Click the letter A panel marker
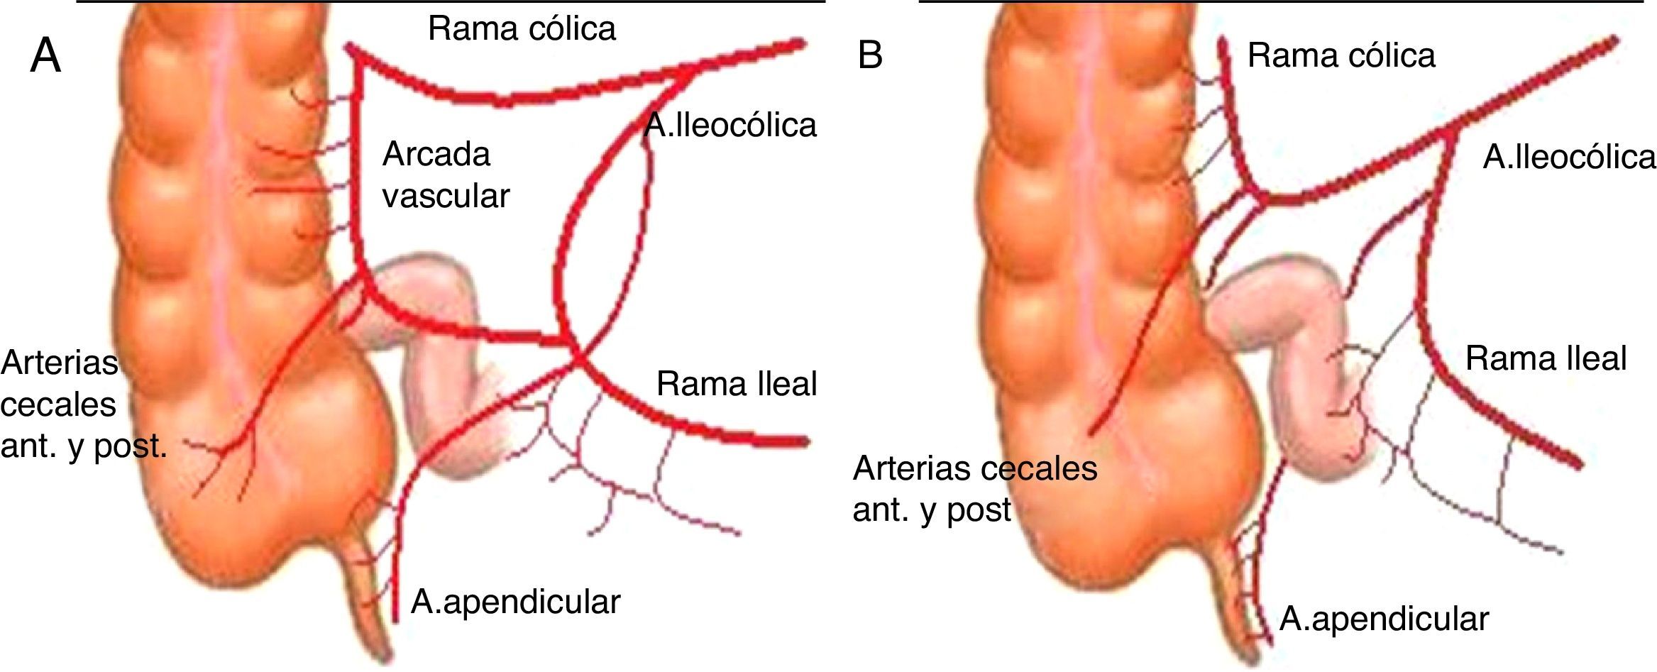tap(45, 56)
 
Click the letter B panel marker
tap(870, 55)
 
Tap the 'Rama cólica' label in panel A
tap(522, 29)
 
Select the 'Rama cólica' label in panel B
tap(1341, 55)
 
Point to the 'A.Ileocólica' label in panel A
tap(730, 126)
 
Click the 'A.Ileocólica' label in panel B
tap(1569, 157)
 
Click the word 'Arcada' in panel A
tap(436, 154)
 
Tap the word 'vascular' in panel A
tap(446, 195)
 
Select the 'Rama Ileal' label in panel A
tap(737, 384)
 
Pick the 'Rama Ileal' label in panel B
tap(1546, 358)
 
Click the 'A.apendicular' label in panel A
tap(515, 602)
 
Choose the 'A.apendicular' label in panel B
tap(1383, 619)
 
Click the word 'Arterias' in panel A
tap(60, 363)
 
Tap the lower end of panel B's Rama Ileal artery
tap(1578, 465)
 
